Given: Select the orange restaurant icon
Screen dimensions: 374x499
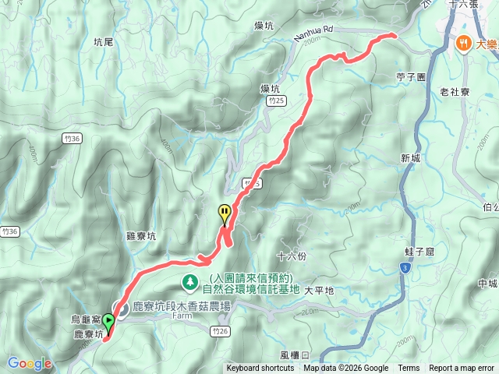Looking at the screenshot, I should coord(464,44).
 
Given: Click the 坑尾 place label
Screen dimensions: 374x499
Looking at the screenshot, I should coord(103,41).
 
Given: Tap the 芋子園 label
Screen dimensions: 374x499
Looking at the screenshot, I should coord(409,78).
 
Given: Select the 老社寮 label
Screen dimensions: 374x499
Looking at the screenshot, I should coord(454,92).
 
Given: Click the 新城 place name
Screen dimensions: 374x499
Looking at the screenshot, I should coord(411,158).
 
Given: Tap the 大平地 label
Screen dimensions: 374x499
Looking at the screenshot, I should coord(319,291).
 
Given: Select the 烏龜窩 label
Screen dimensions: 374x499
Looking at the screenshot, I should coord(85,318).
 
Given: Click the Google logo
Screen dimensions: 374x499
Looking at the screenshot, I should coord(30,363).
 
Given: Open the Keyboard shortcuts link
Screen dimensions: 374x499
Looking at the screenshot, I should coord(260,369).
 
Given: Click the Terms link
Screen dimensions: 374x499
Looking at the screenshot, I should coord(409,369).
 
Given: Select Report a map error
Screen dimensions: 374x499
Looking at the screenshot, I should coord(462,369).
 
